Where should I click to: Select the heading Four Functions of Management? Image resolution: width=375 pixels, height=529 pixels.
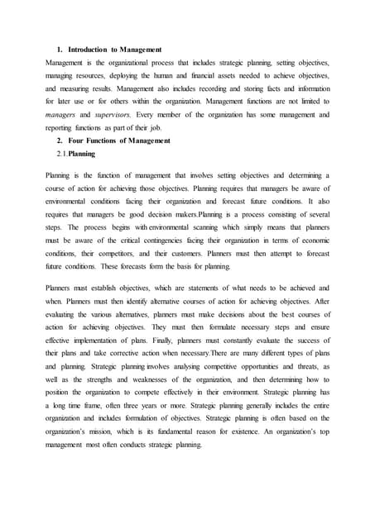click(x=119, y=141)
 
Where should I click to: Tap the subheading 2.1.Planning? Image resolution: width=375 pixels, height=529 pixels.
click(x=75, y=153)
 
